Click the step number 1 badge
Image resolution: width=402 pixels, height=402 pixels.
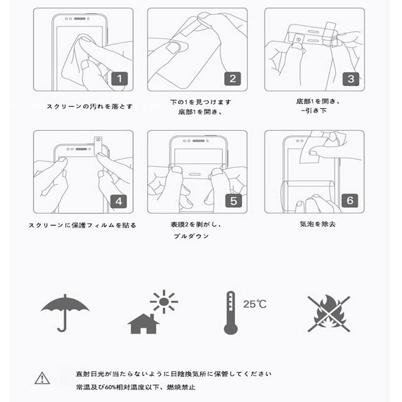coord(119,79)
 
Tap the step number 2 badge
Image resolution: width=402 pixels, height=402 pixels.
coord(232,79)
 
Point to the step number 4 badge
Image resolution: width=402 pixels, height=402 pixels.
coord(119,201)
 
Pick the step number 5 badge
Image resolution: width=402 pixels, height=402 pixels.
coord(232,201)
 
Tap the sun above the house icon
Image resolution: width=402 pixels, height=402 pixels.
coord(164,301)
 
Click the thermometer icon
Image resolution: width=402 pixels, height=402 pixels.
coord(231,312)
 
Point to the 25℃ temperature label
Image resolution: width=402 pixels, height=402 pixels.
coord(254,304)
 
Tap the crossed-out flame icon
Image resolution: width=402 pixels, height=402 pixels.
coord(329,313)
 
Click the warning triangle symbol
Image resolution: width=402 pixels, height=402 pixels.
coord(42,378)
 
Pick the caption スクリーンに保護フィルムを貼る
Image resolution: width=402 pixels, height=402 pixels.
coord(82,224)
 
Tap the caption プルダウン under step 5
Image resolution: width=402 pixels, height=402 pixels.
coord(192,236)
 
